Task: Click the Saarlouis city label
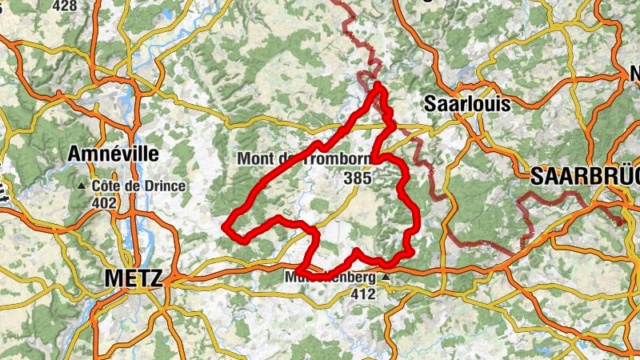(466, 104)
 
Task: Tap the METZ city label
(133, 278)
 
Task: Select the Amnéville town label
(114, 153)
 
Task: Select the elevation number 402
(104, 203)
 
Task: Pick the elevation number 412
(363, 294)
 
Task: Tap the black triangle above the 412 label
(386, 278)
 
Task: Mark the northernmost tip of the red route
(378, 84)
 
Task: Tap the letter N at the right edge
(632, 74)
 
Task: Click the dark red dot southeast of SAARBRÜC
(620, 223)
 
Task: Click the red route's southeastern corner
(410, 252)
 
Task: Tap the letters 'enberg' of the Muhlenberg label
(357, 278)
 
